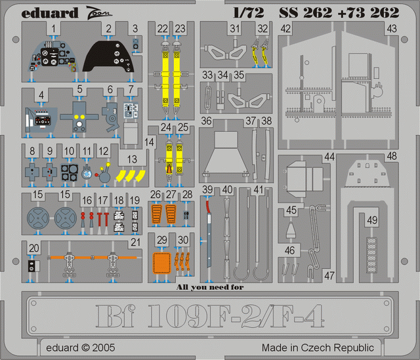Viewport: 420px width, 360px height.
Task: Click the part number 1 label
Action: pos(52,29)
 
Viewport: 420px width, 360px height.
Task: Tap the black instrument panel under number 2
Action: pos(111,57)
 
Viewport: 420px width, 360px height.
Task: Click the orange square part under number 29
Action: pos(162,261)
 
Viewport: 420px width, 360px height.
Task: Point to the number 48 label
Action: pos(391,157)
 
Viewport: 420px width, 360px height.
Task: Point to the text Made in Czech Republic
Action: pos(318,348)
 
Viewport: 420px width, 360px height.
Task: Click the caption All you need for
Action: pos(214,286)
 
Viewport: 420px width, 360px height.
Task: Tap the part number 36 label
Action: pos(207,121)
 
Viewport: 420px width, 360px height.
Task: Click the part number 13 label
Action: pos(132,159)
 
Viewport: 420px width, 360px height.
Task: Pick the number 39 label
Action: pos(207,190)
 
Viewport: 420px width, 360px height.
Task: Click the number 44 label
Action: pos(329,157)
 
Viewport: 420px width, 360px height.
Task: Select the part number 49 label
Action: pos(372,220)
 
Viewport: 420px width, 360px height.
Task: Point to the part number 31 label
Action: pos(234,29)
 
